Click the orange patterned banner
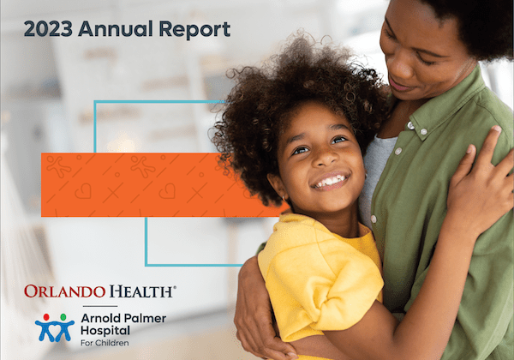128,183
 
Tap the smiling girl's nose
320,163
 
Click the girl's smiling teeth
330,181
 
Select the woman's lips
403,87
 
